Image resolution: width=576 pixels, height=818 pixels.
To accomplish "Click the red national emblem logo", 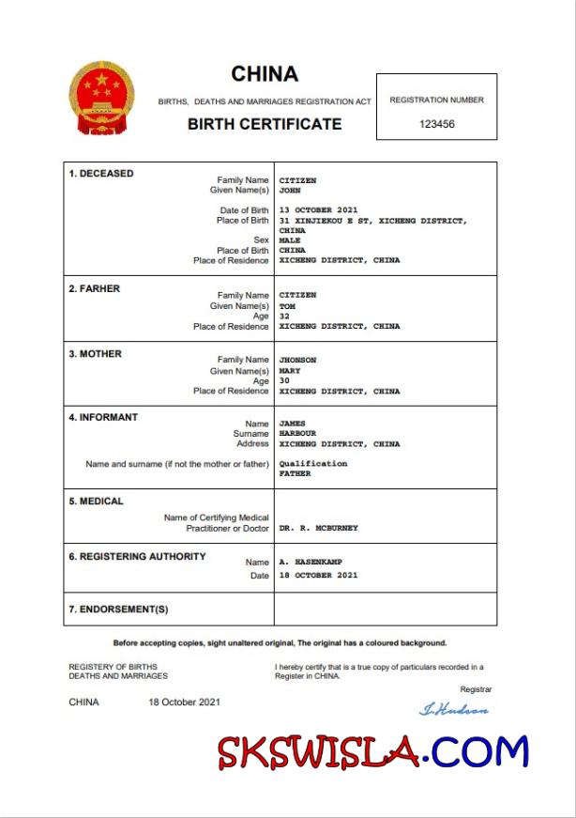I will (102, 100).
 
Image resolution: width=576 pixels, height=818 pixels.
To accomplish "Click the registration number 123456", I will (436, 123).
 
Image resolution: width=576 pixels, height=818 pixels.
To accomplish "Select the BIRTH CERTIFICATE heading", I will (265, 123).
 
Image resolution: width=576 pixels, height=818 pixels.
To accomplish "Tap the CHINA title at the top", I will (265, 74).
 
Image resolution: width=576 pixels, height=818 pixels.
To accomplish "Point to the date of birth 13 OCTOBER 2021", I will (318, 210).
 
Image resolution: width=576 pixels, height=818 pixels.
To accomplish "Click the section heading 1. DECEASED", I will (100, 174).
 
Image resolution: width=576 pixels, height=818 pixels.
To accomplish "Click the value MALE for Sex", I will (290, 240).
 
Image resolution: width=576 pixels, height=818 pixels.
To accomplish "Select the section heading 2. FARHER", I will (94, 289).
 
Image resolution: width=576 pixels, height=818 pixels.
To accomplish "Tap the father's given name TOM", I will (287, 306).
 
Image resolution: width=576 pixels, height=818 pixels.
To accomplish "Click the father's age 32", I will (284, 316).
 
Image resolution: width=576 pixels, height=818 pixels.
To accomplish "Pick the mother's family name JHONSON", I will (297, 360).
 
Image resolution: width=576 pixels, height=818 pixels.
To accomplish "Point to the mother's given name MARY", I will (290, 371).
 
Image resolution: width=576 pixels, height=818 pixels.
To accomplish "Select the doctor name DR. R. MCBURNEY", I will (318, 528).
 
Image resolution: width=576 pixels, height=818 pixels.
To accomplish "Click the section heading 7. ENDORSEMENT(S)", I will (118, 610).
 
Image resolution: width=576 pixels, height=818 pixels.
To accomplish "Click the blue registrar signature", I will (453, 710).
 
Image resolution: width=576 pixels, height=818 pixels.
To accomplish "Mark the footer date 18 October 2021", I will (184, 702).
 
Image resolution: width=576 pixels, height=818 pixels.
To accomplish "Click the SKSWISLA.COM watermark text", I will (373, 753).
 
